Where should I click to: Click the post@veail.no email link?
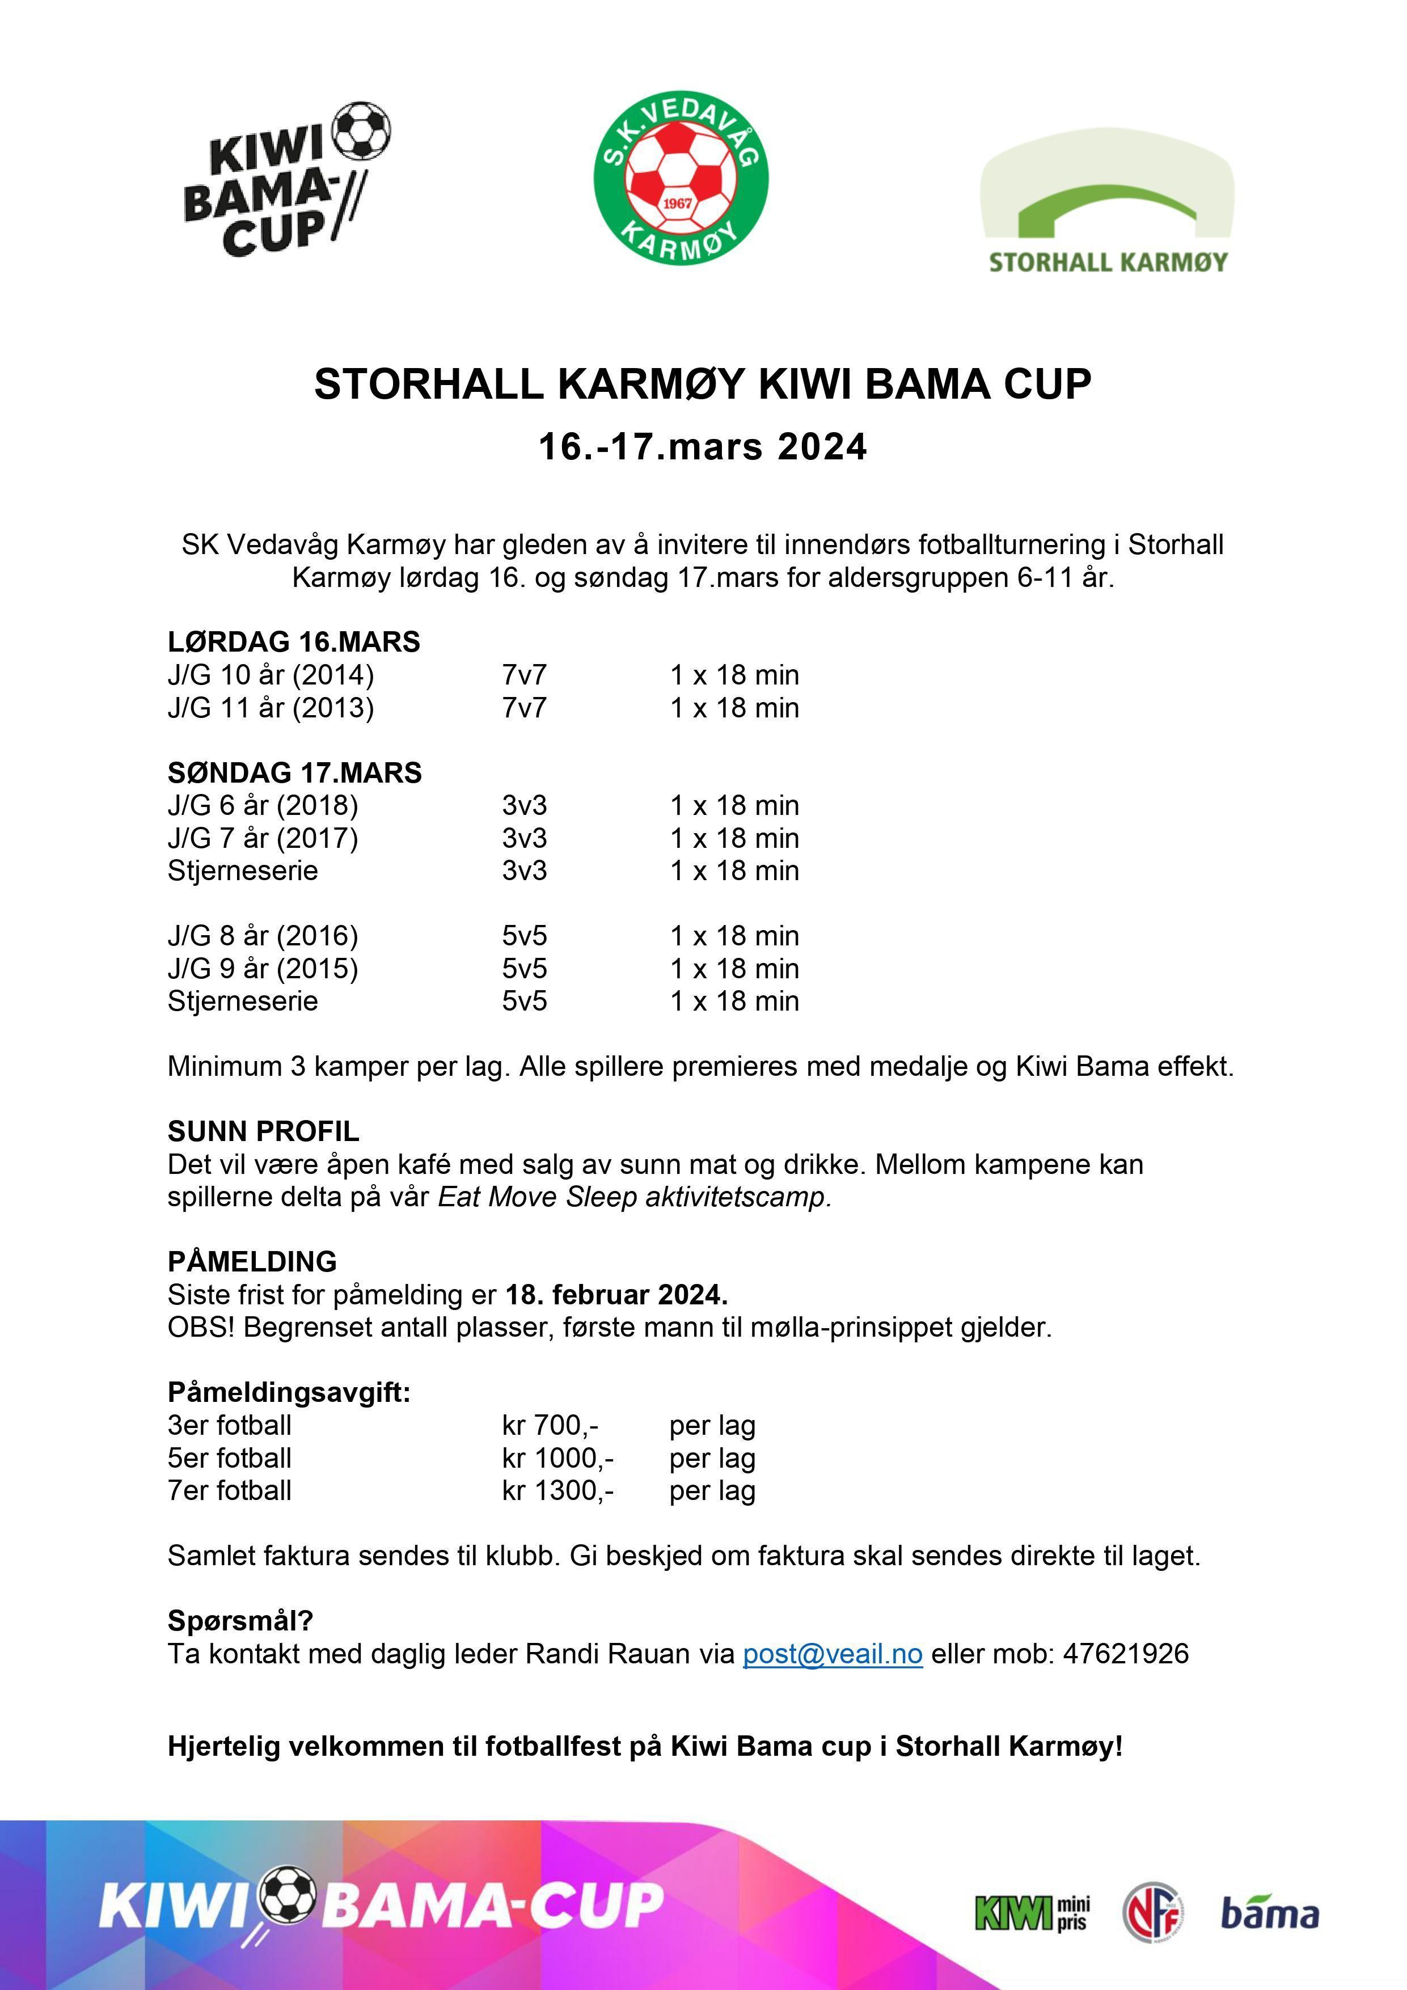pos(833,1654)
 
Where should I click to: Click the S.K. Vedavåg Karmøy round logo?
pos(682,179)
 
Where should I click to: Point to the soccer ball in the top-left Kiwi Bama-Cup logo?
pos(361,131)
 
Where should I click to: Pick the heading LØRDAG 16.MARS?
pos(294,642)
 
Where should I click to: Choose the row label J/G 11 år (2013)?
pos(271,708)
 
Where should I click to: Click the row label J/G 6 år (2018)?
pos(263,805)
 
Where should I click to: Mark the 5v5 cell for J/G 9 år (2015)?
pos(525,968)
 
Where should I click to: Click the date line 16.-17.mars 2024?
pos(703,447)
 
